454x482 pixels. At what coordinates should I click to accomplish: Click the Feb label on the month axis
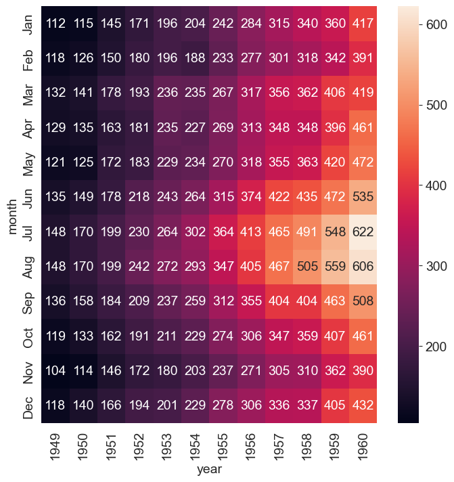click(28, 60)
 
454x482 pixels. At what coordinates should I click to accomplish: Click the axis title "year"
click(210, 469)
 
